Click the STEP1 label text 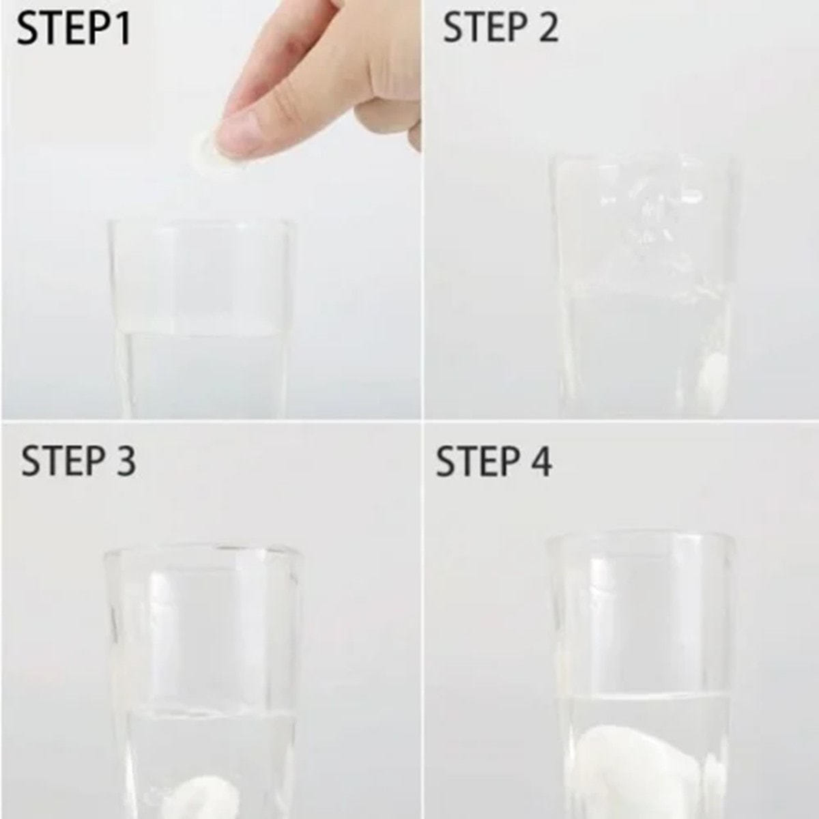coord(74,29)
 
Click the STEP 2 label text coord(501,27)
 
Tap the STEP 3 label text coord(79,461)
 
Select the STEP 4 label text coord(494,461)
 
